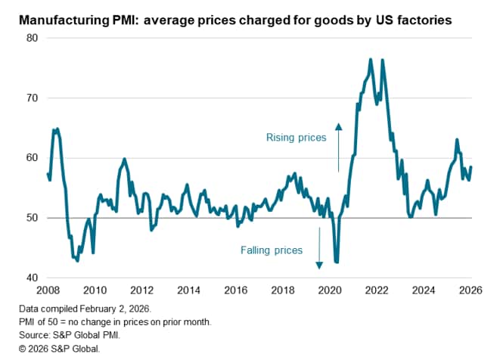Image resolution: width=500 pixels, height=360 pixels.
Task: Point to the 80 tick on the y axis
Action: click(x=33, y=38)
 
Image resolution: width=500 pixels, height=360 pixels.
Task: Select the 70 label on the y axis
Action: click(x=33, y=98)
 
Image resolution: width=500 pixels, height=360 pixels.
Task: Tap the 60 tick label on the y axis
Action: click(x=33, y=157)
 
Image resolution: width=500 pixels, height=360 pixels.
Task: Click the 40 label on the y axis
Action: click(x=33, y=278)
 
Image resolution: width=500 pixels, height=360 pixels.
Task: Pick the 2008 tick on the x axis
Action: click(x=48, y=289)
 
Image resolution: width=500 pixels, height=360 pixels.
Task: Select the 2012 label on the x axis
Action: click(x=141, y=289)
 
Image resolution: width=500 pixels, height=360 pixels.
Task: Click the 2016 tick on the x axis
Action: click(x=236, y=289)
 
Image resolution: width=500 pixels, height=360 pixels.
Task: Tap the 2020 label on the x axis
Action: click(x=330, y=289)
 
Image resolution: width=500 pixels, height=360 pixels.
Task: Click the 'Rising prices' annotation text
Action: click(x=297, y=138)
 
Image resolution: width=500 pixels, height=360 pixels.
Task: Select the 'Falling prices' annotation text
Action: click(x=272, y=250)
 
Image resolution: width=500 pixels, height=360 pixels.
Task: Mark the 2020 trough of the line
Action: click(x=337, y=262)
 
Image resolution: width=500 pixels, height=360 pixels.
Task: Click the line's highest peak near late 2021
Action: click(x=371, y=59)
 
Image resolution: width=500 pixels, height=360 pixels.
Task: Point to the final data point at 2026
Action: click(x=471, y=167)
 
